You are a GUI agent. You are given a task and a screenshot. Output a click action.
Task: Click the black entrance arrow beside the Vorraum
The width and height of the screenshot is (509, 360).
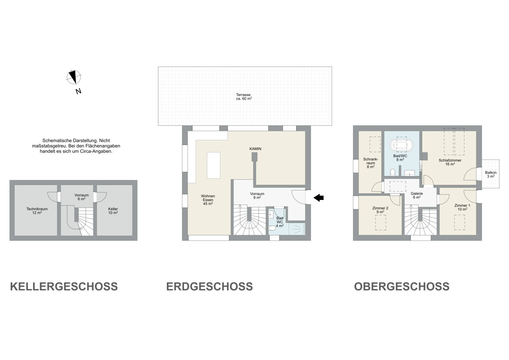(x=319, y=198)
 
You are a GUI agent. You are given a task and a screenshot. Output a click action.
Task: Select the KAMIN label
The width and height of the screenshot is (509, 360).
(x=255, y=149)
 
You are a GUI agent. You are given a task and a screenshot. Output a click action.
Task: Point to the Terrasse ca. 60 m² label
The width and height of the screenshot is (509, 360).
(x=244, y=97)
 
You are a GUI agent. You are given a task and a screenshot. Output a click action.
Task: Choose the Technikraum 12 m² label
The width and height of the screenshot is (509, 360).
(x=37, y=211)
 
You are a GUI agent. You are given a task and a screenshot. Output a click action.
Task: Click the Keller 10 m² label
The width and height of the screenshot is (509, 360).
(x=113, y=211)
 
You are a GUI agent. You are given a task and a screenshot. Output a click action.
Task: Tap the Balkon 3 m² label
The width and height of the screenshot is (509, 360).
(x=491, y=174)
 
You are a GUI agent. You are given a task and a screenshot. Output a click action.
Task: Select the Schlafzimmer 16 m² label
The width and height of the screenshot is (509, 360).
(x=450, y=162)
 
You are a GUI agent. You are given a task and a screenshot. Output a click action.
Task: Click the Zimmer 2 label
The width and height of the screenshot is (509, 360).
(x=380, y=208)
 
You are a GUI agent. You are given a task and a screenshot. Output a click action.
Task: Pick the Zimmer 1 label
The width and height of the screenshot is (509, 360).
(x=462, y=205)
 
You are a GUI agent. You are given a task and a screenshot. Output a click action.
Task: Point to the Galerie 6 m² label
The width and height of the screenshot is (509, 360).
(x=417, y=195)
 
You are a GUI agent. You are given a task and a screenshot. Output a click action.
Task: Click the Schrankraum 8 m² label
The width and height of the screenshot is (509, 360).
(x=371, y=163)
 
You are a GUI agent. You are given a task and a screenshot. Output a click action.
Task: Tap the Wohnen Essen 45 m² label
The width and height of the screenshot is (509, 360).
(x=208, y=200)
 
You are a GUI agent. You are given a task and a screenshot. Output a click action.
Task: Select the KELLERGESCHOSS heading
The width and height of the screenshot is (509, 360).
(x=64, y=286)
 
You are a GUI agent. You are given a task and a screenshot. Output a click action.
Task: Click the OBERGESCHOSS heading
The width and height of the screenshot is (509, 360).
(x=402, y=286)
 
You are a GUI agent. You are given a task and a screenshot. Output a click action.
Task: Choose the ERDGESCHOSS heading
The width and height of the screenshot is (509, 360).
(x=210, y=286)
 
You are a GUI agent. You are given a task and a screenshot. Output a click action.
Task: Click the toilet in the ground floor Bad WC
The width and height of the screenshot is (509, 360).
(x=272, y=228)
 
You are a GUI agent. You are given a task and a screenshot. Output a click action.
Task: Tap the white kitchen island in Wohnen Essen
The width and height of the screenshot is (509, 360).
(x=214, y=165)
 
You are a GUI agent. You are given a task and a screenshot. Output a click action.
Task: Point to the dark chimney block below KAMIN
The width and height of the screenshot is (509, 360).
(x=255, y=157)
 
